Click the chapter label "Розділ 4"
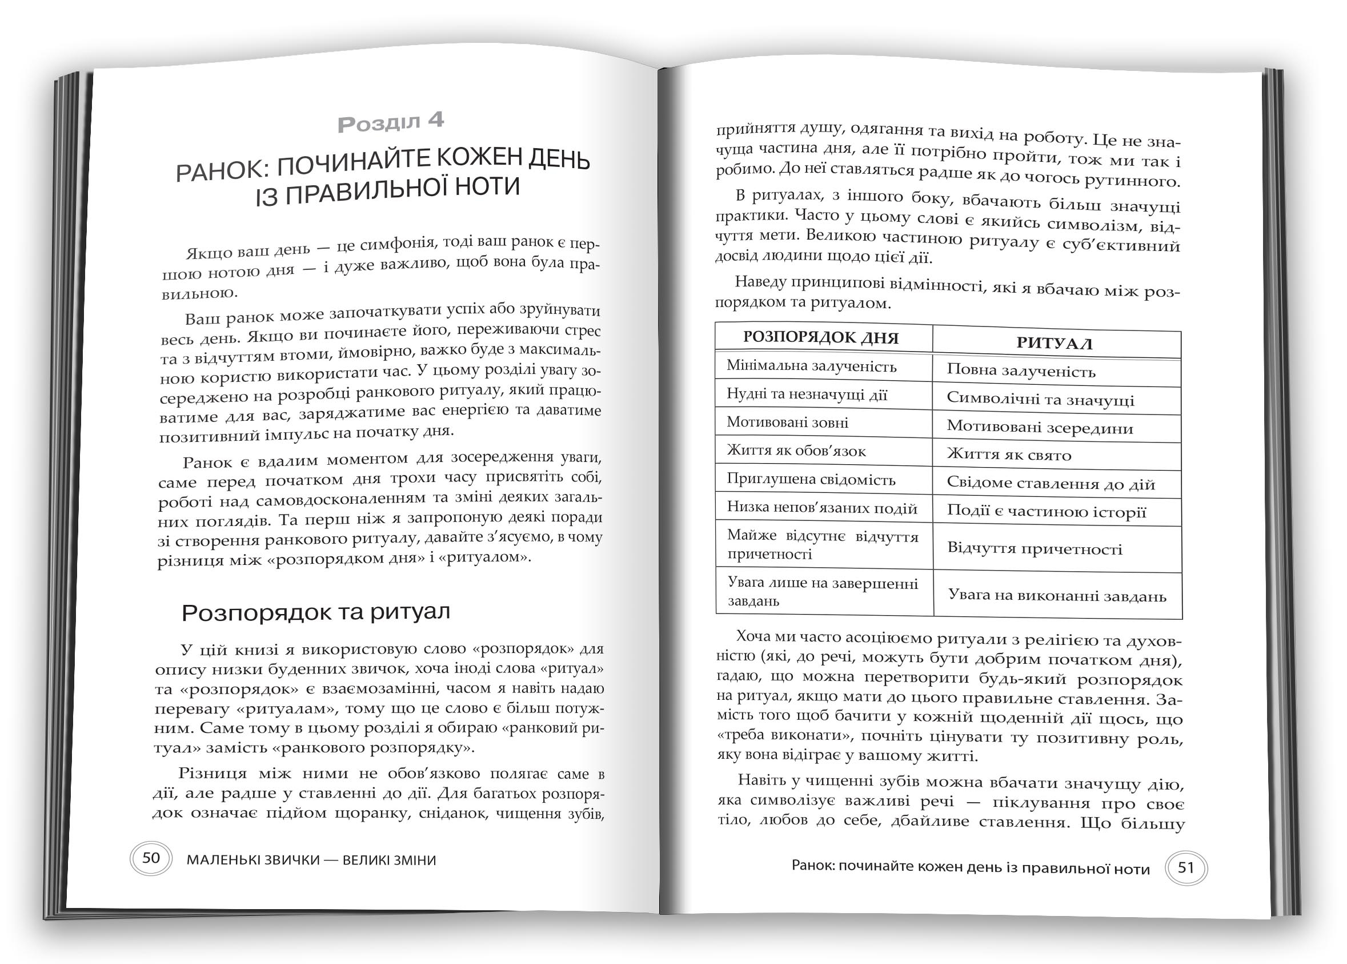pyautogui.click(x=390, y=122)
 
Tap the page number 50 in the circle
pyautogui.click(x=151, y=857)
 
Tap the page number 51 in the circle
pyautogui.click(x=1185, y=867)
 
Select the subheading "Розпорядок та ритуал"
pyautogui.click(x=315, y=612)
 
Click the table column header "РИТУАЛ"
pyautogui.click(x=1054, y=343)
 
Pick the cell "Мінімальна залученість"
pyautogui.click(x=811, y=366)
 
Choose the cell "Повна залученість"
pyautogui.click(x=1021, y=371)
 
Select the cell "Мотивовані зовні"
pyautogui.click(x=788, y=422)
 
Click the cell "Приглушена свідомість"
pyautogui.click(x=811, y=479)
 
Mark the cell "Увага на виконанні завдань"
pyautogui.click(x=1057, y=595)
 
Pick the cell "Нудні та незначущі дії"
pyautogui.click(x=807, y=394)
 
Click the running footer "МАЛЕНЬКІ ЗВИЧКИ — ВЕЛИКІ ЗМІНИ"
pyautogui.click(x=311, y=859)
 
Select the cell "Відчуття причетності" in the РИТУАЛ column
pyautogui.click(x=1035, y=548)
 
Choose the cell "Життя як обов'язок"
pyautogui.click(x=796, y=451)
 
